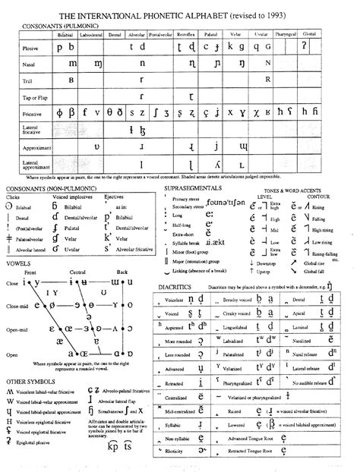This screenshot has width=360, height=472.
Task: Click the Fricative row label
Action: [x=16, y=113]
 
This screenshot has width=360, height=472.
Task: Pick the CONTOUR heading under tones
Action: [x=321, y=195]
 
